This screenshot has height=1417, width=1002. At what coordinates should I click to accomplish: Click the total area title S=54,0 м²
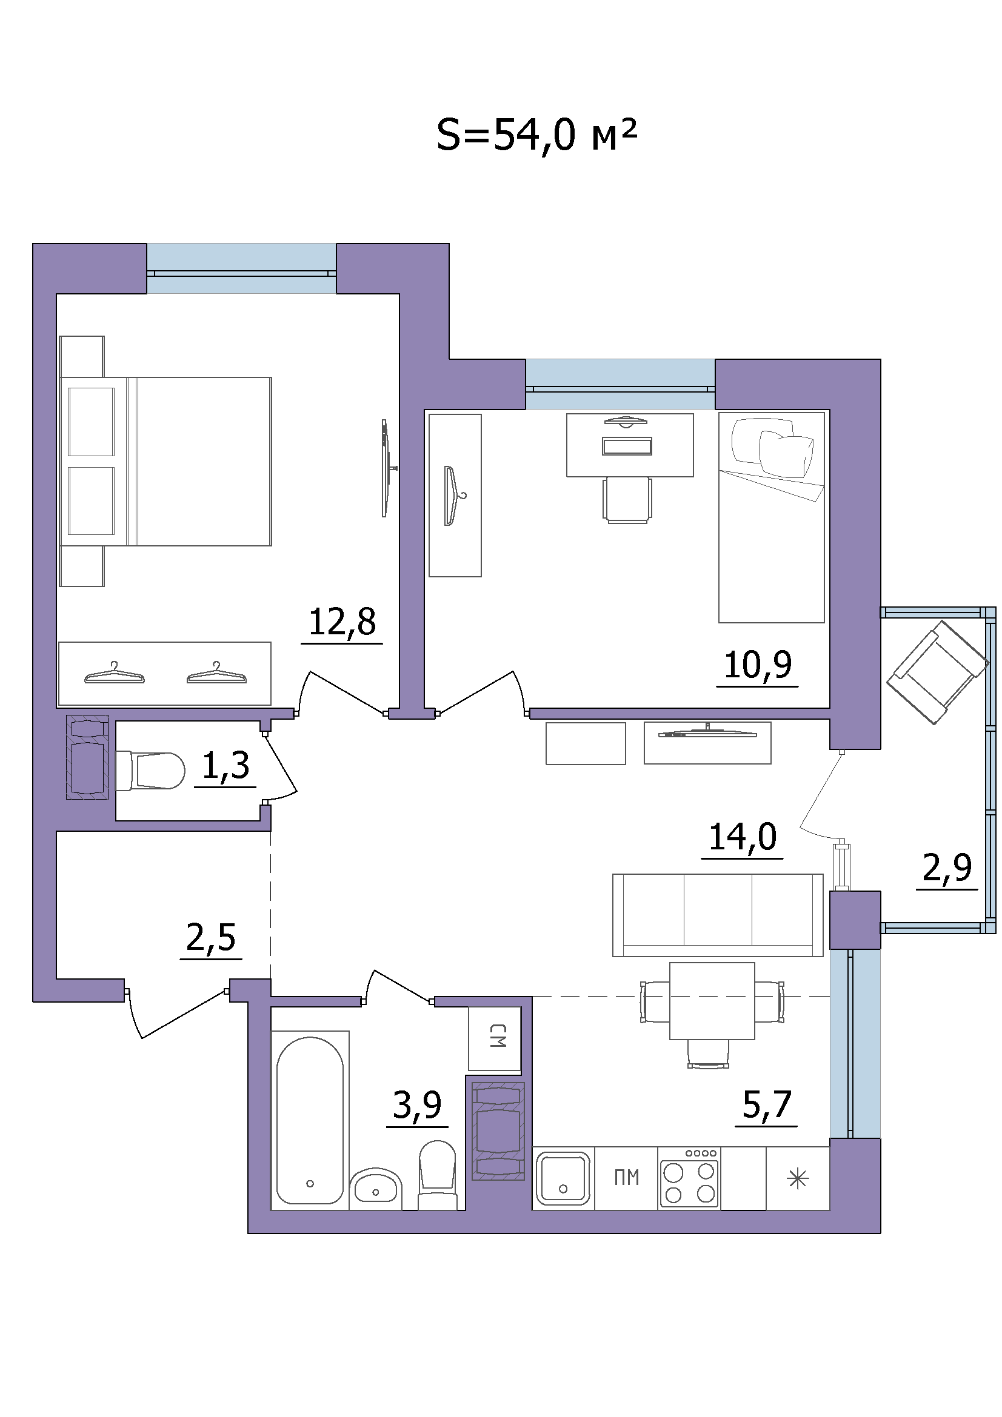[x=536, y=136]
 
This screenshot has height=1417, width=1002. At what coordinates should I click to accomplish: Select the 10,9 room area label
[x=758, y=665]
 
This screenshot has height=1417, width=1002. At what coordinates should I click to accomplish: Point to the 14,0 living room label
[x=743, y=837]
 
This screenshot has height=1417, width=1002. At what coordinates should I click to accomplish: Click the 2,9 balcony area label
[x=947, y=867]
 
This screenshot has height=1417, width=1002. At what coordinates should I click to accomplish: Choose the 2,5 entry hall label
[x=211, y=937]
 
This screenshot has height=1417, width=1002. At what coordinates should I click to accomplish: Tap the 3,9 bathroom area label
[x=417, y=1105]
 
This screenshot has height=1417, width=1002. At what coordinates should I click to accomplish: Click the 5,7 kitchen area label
[x=766, y=1105]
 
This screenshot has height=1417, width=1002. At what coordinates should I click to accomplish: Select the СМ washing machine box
[x=495, y=1038]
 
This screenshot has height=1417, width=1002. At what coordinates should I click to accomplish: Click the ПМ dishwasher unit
[x=626, y=1178]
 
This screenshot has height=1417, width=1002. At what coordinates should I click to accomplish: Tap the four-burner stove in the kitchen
[x=689, y=1178]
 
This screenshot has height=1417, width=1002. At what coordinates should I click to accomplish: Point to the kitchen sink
[x=563, y=1178]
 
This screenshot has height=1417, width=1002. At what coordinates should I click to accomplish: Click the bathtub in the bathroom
[x=310, y=1120]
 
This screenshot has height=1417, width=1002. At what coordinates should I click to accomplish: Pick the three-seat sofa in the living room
[x=717, y=915]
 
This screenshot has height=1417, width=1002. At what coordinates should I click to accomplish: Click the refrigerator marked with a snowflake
[x=798, y=1178]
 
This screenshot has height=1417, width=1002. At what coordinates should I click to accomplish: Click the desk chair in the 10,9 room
[x=627, y=500]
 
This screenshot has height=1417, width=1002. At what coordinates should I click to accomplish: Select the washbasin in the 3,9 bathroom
[x=375, y=1188]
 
